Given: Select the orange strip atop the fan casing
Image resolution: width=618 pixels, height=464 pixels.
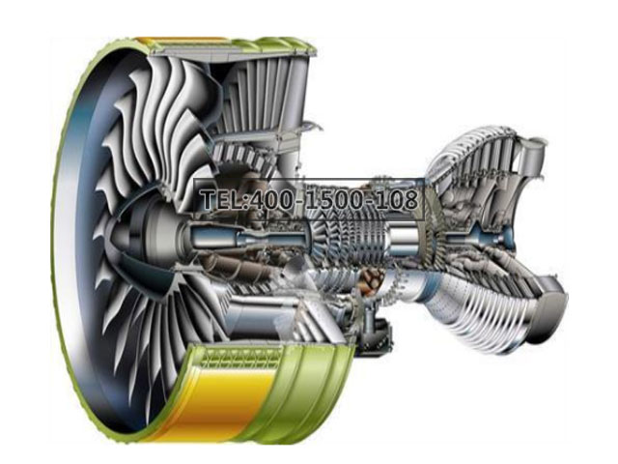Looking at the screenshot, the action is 182,40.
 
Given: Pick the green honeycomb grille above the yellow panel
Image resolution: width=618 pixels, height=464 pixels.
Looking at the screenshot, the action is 239,359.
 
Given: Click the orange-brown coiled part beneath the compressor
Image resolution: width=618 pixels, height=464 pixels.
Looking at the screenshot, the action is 372,277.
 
